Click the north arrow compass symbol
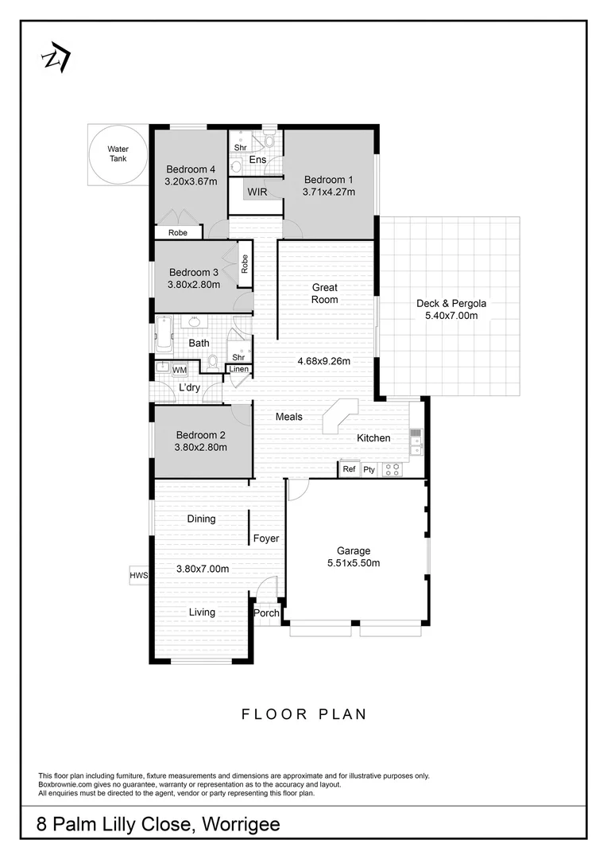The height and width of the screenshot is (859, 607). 56,58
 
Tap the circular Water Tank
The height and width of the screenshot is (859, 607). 118,154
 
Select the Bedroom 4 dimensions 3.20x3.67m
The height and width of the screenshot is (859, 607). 190,182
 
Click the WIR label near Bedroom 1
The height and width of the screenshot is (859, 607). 257,192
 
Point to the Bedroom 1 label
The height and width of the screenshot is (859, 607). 328,179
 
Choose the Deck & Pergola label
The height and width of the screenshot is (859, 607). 451,303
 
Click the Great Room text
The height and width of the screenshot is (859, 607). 325,293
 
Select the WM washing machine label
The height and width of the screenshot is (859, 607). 179,370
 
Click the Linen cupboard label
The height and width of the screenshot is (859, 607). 238,369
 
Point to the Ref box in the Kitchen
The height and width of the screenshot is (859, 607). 349,469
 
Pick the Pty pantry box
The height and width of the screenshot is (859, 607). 369,469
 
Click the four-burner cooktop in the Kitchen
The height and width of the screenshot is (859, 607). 392,469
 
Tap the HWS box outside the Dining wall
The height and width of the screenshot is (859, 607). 140,575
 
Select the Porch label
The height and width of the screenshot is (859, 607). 266,613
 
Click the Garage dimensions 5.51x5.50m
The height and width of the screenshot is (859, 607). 354,563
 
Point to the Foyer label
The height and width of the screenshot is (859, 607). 266,538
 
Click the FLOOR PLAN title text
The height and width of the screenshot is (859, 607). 304,714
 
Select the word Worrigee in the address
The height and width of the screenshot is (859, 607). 243,825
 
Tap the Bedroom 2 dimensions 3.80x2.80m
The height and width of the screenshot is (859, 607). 201,447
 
